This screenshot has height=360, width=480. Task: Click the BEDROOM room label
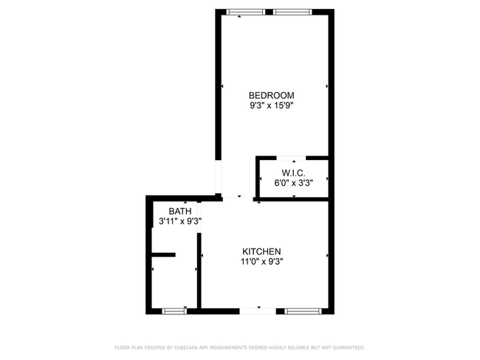[x=271, y=95]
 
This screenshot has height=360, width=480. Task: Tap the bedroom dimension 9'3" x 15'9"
[x=271, y=105]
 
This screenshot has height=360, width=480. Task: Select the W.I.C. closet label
[x=293, y=173]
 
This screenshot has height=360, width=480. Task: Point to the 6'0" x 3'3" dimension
[x=293, y=183]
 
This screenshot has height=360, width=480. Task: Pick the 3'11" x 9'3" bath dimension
[x=180, y=221]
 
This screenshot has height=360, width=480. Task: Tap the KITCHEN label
[x=261, y=252]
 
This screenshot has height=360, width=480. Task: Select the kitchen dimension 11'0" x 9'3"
[x=261, y=261]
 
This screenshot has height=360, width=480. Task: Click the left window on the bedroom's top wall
[x=245, y=11]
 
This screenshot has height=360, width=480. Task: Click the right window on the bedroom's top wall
[x=293, y=11]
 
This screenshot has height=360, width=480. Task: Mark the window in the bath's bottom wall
[x=175, y=311]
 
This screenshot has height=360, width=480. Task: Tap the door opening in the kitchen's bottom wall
[x=258, y=311]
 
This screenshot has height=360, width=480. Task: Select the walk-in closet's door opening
[x=292, y=158]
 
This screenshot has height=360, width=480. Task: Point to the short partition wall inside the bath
[x=163, y=255]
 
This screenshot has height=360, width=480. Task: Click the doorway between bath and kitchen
[x=199, y=218]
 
